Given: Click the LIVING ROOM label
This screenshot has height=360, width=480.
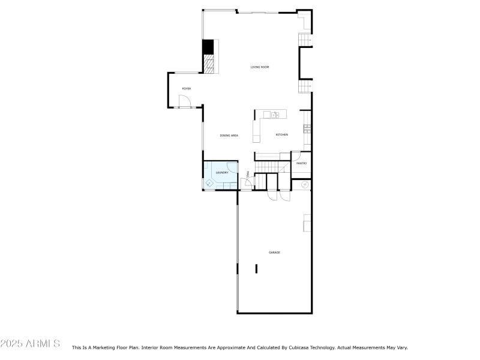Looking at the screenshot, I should coord(260,67).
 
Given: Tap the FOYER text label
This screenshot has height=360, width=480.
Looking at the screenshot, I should coord(187,89).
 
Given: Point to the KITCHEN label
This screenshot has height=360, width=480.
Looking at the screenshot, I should coord(282,135).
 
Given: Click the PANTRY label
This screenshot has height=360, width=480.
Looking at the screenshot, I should coord(301,163).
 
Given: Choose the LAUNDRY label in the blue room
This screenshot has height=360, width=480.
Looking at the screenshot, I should coord(221,173).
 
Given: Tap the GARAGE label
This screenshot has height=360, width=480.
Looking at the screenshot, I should coord(274,253).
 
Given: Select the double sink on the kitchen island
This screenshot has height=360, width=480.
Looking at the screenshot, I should coord(275,115).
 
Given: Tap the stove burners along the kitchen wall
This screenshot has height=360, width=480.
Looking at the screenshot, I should coord(307,128).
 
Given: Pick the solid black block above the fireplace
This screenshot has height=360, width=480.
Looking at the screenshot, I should coord(208,47).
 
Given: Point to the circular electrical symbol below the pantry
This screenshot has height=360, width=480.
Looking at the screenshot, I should coord(304,184).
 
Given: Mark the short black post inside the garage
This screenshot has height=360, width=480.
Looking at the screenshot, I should coord(256,268).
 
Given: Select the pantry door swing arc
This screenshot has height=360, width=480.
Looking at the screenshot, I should coord(295,155).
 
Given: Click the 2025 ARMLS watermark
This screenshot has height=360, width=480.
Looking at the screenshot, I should coord(30,344).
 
